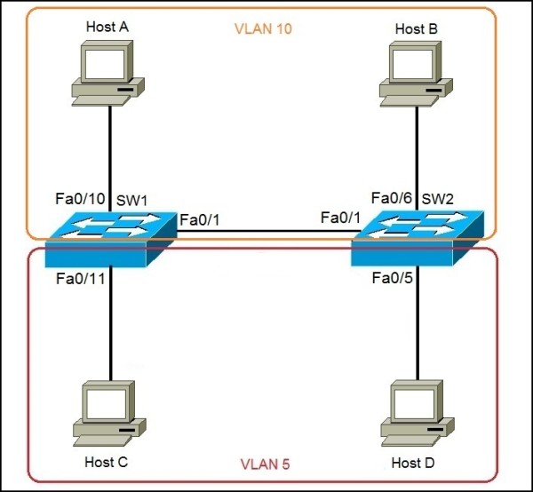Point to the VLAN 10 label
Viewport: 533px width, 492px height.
(x=263, y=28)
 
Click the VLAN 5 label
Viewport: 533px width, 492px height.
(x=266, y=464)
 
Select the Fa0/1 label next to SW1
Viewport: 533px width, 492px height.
(x=200, y=219)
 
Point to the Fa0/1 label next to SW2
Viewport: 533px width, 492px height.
(x=340, y=219)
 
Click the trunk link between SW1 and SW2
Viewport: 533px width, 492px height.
(x=266, y=233)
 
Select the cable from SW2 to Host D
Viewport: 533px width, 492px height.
(x=416, y=329)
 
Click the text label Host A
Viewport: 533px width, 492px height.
(x=107, y=27)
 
